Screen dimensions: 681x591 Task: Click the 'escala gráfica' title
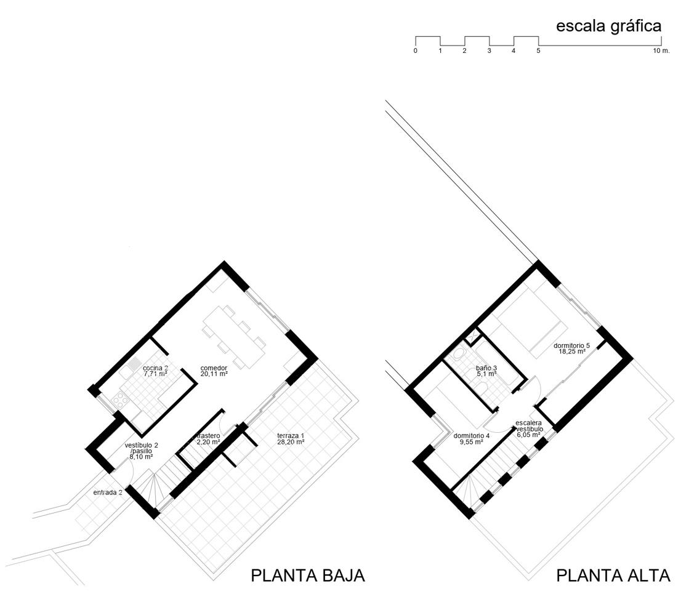(608, 26)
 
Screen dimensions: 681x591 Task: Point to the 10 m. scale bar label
(661, 51)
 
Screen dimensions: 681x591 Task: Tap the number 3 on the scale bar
(489, 51)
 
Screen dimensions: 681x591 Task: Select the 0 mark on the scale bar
(416, 51)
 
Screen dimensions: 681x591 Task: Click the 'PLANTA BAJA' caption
(308, 576)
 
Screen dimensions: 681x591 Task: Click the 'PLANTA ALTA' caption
(613, 576)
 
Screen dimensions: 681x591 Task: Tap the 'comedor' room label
(214, 368)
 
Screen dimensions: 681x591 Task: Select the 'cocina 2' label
(156, 368)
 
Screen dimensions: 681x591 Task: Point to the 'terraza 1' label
(291, 436)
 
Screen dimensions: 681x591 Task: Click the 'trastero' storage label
(209, 435)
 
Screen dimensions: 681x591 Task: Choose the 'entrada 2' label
(108, 492)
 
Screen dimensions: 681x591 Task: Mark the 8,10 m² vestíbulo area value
(141, 457)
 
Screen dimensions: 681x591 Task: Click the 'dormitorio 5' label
(571, 345)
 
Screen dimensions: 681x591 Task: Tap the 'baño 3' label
(486, 368)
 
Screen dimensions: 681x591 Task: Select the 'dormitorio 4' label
(471, 436)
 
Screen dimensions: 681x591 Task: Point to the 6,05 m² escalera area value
(528, 434)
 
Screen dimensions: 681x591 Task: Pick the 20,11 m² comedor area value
(214, 374)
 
